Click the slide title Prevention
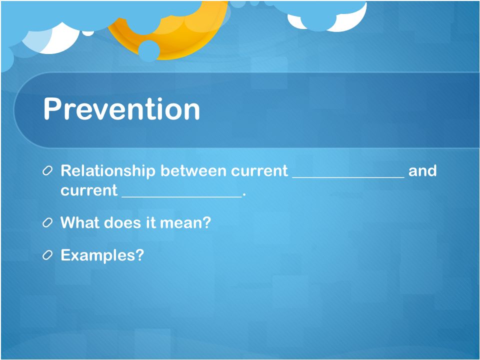pyautogui.click(x=121, y=109)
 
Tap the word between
pyautogui.click(x=193, y=170)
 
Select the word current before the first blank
pyautogui.click(x=259, y=171)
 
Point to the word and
pyautogui.click(x=422, y=170)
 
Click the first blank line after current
pyautogui.click(x=348, y=177)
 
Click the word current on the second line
pyautogui.click(x=89, y=190)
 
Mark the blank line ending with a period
pyautogui.click(x=183, y=196)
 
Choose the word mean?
pyautogui.click(x=185, y=222)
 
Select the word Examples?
pyautogui.click(x=102, y=255)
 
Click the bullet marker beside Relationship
pyautogui.click(x=47, y=171)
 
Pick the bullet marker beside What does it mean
pyautogui.click(x=47, y=223)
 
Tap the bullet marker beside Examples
pyautogui.click(x=47, y=255)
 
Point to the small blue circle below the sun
pyautogui.click(x=149, y=50)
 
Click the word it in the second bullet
pyautogui.click(x=151, y=222)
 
